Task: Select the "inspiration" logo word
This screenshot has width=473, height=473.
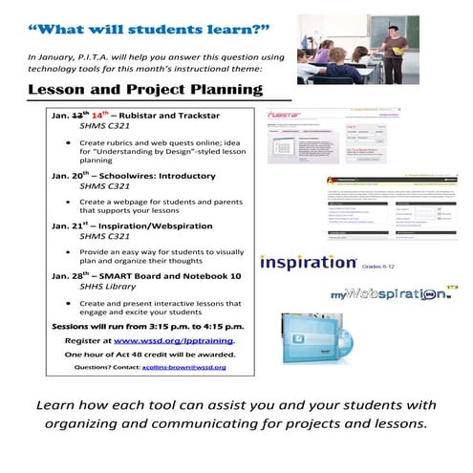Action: [x=308, y=262]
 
